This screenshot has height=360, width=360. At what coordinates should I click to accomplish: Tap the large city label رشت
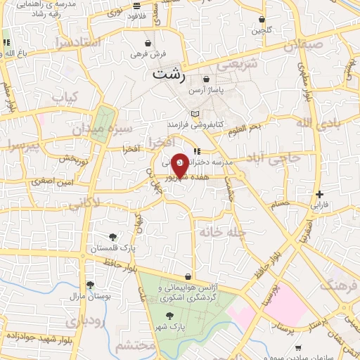point(169,74)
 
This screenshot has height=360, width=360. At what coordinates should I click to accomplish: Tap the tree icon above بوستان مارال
point(90,285)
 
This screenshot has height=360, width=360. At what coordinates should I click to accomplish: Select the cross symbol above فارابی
point(319,194)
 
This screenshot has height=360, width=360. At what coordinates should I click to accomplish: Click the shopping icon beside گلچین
point(262,20)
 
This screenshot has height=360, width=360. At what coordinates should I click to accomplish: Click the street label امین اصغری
point(67,181)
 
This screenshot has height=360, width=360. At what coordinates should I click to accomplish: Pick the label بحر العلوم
point(264,125)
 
